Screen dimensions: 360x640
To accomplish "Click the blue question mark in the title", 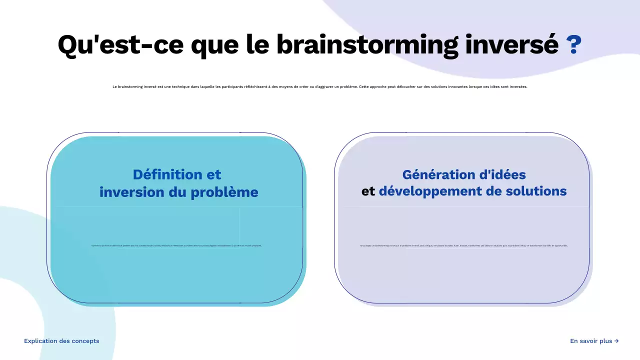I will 573,45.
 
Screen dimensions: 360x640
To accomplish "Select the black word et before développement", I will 368,191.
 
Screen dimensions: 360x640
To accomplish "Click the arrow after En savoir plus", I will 616,341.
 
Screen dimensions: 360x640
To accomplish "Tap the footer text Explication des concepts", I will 61,341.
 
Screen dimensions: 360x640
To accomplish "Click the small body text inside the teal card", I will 176,245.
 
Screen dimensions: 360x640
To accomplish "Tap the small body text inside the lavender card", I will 463,245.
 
